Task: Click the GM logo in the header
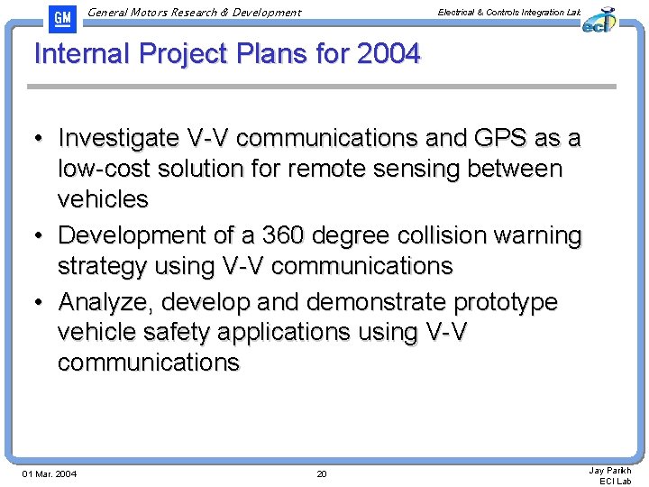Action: pos(61,17)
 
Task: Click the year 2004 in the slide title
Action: pos(388,54)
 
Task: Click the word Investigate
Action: pos(118,138)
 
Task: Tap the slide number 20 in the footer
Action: pos(322,473)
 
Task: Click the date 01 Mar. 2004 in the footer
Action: pos(50,473)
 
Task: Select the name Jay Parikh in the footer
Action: pos(610,470)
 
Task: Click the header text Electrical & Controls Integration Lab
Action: pos(508,12)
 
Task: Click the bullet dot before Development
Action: pos(41,236)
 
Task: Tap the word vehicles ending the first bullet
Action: pos(103,198)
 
